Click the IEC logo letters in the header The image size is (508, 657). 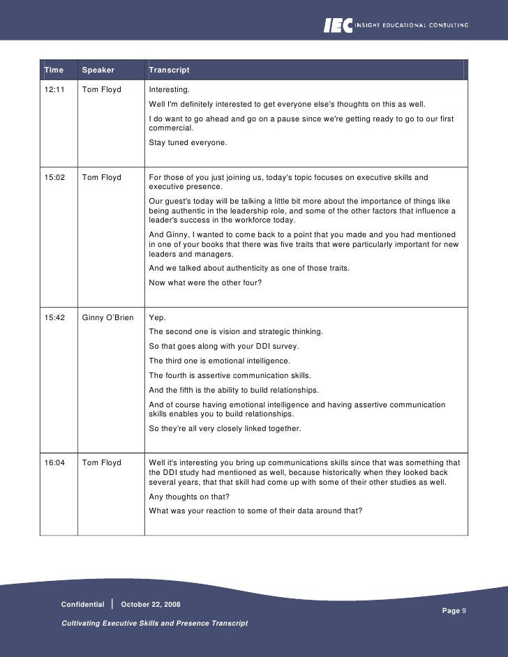(338, 25)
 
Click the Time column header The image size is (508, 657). (53, 70)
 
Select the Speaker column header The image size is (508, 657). (98, 70)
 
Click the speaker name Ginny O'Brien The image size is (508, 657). (107, 317)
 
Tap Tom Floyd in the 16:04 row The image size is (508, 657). (101, 462)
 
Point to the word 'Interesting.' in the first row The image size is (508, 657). (169, 90)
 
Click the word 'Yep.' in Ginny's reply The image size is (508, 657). (157, 317)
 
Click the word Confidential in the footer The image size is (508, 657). (82, 603)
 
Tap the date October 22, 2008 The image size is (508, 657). (151, 603)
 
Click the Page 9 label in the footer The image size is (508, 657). (454, 610)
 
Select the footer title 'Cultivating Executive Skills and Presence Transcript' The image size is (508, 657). (155, 622)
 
